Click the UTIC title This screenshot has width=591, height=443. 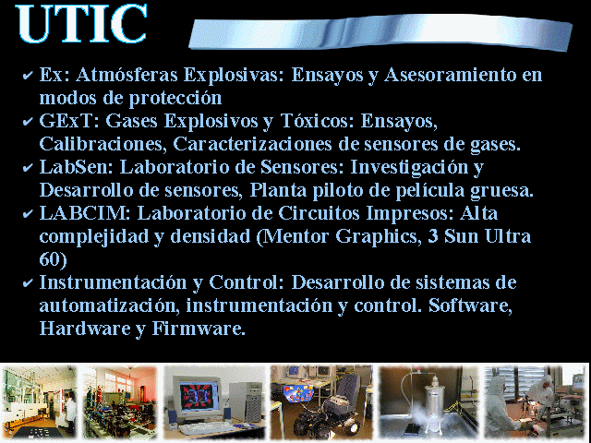click(81, 23)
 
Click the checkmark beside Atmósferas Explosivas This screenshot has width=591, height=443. click(28, 76)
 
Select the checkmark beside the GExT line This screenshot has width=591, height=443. click(28, 121)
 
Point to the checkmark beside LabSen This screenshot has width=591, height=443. click(28, 167)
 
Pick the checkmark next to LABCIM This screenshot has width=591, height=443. click(28, 213)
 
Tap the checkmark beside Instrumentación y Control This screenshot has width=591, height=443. click(28, 282)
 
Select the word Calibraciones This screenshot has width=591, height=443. click(103, 144)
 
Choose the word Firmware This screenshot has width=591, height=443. click(199, 329)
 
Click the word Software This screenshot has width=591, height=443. click(470, 305)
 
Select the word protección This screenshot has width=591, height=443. click(175, 99)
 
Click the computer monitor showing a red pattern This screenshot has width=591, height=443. click(196, 394)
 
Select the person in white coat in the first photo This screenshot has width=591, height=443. click(70, 411)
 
